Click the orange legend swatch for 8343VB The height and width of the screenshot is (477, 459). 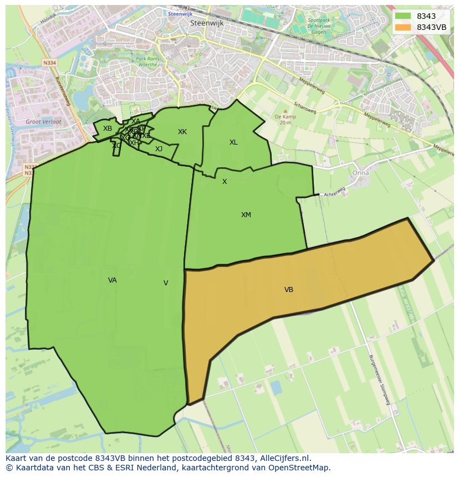403,27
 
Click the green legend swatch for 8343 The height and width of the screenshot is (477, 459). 403,16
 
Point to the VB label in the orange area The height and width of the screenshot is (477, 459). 289,290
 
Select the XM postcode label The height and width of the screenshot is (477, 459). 246,215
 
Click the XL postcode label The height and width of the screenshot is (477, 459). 233,142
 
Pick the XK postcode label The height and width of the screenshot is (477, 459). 182,132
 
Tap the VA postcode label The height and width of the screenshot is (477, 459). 113,280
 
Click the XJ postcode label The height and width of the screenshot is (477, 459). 159,149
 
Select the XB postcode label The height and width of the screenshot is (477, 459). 108,129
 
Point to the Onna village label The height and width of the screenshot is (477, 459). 360,173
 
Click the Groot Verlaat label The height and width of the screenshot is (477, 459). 43,121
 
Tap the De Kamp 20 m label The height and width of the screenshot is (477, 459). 283,120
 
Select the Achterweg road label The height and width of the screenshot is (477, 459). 334,192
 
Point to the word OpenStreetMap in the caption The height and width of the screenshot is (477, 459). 301,467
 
